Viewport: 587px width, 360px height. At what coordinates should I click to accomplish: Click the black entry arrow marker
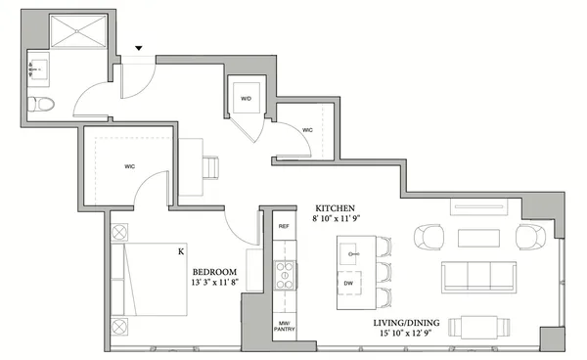[138, 48]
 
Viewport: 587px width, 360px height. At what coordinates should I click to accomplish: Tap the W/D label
[246, 97]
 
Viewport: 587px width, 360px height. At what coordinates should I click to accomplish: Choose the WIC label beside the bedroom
[129, 167]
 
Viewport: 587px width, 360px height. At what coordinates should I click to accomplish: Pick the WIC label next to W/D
[307, 128]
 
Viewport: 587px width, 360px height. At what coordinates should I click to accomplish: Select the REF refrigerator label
[284, 226]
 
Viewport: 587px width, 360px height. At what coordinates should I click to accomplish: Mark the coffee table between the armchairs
[479, 238]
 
